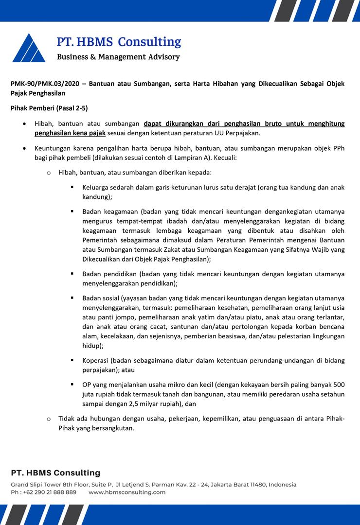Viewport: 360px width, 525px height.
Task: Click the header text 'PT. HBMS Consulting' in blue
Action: pyautogui.click(x=119, y=42)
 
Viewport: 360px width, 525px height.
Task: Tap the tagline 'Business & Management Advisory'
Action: pyautogui.click(x=118, y=57)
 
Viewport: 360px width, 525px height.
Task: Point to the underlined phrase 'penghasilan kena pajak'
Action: pyautogui.click(x=70, y=133)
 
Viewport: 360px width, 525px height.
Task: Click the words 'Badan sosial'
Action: pyautogui.click(x=101, y=298)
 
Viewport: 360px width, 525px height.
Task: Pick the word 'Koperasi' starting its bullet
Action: pyautogui.click(x=95, y=360)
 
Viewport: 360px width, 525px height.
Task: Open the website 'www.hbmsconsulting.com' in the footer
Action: pyautogui.click(x=127, y=492)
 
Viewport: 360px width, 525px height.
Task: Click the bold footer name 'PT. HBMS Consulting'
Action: pyautogui.click(x=55, y=473)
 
